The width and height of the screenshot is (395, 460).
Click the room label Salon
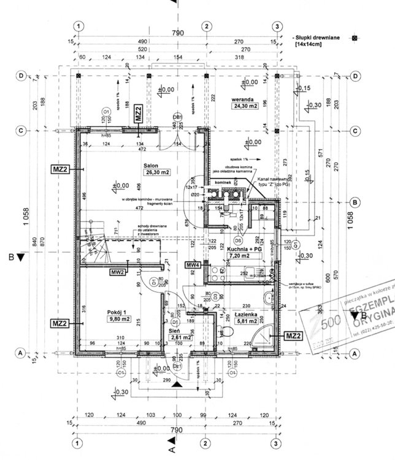pyautogui.click(x=152, y=165)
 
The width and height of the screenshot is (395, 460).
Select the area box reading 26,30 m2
pyautogui.click(x=157, y=173)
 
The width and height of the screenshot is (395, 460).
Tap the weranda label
pyautogui.click(x=243, y=98)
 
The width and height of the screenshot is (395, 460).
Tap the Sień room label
pyautogui.click(x=175, y=329)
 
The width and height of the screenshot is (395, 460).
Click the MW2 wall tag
pyautogui.click(x=118, y=271)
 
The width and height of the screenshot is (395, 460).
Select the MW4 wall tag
pyautogui.click(x=193, y=264)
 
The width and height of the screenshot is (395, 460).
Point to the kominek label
pyautogui.click(x=222, y=182)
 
